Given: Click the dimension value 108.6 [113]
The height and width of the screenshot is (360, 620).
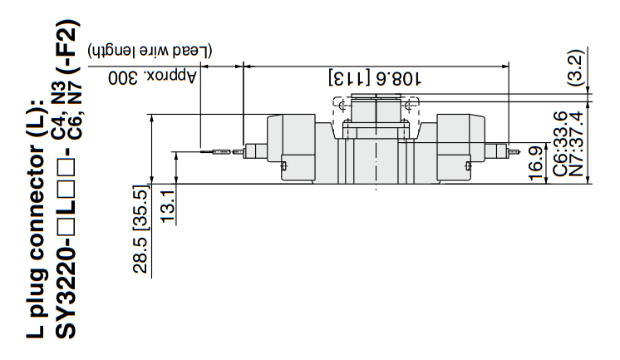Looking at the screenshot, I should click(376, 79).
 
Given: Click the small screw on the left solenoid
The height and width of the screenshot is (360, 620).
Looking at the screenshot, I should click(285, 170).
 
